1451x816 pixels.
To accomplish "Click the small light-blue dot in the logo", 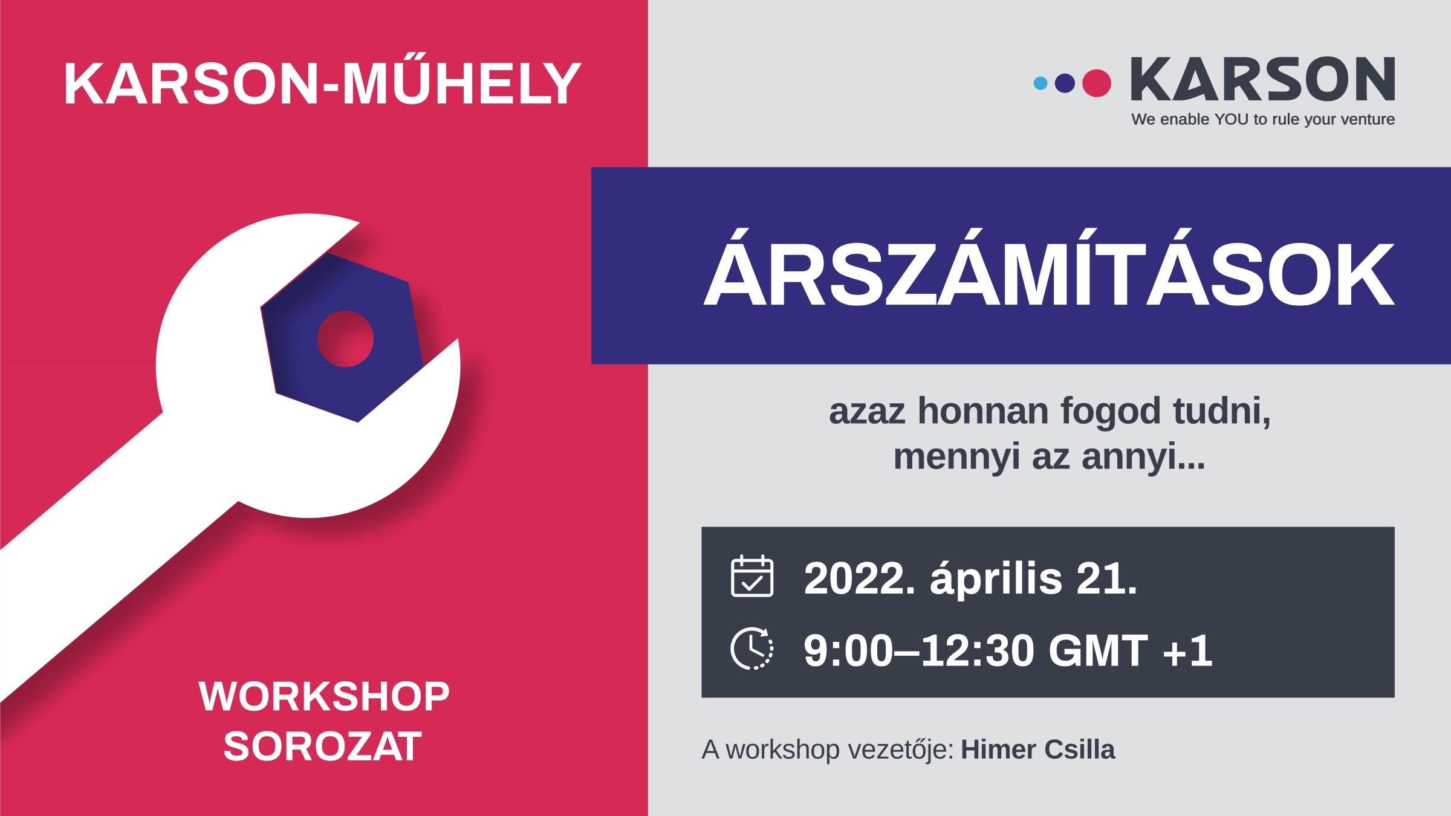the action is click(1040, 83).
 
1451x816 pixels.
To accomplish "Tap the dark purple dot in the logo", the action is click(1065, 83).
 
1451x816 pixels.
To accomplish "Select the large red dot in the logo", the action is click(1097, 83).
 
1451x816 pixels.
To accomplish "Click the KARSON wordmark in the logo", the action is click(1263, 79).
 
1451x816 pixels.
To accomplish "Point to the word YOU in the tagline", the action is click(1231, 120).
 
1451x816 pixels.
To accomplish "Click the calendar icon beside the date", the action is click(752, 576).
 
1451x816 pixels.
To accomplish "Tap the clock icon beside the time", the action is click(752, 649).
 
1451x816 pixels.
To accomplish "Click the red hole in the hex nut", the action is click(345, 339).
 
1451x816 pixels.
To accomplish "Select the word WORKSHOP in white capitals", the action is click(324, 696).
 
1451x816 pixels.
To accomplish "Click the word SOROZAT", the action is click(323, 746).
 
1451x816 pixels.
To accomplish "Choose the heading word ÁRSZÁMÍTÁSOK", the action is click(1049, 268).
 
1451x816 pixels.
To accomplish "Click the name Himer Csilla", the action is click(1038, 750).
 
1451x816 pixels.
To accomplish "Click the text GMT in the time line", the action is click(1098, 650).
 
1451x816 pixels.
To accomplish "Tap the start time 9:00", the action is click(848, 651).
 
